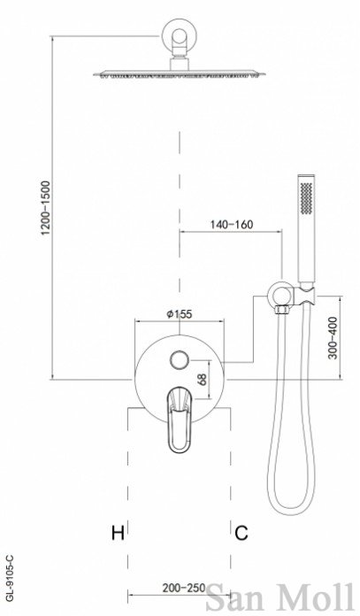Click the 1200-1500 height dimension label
pos(46,207)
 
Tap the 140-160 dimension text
pos(232,224)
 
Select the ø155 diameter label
pos(179,314)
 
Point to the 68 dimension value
pos(203,379)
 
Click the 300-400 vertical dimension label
pos(333,337)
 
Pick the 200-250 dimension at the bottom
pos(184,588)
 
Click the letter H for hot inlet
pos(118,533)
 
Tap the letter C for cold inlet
pos(241,533)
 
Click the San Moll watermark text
pos(280,597)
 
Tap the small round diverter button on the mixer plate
pos(180,359)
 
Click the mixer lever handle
pos(180,420)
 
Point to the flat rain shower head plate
pos(179,73)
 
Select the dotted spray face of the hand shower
pos(306,199)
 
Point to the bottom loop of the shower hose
pos(291,507)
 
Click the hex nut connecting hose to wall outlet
pos(283,310)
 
